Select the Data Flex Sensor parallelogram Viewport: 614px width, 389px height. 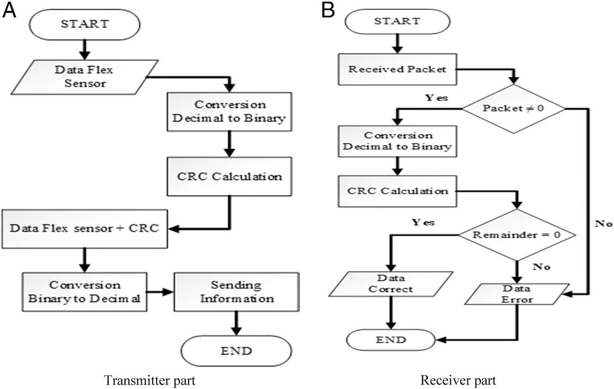click(x=83, y=76)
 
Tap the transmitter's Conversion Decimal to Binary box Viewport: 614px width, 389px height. click(x=229, y=111)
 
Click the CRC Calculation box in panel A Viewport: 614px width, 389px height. click(x=229, y=176)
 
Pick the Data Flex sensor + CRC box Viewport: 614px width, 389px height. click(x=85, y=228)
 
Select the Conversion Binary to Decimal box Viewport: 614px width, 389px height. click(x=85, y=292)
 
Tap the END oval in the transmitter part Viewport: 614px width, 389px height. click(x=236, y=351)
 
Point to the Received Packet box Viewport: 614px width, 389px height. click(x=397, y=69)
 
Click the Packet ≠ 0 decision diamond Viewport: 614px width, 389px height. click(x=513, y=108)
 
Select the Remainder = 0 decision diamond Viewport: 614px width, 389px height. click(x=517, y=234)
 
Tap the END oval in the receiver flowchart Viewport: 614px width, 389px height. click(x=390, y=340)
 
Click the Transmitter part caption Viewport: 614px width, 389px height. click(x=150, y=380)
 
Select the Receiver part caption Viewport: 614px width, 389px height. click(x=458, y=380)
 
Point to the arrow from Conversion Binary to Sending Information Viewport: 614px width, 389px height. click(x=160, y=292)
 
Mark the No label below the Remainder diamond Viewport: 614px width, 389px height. click(x=542, y=267)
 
